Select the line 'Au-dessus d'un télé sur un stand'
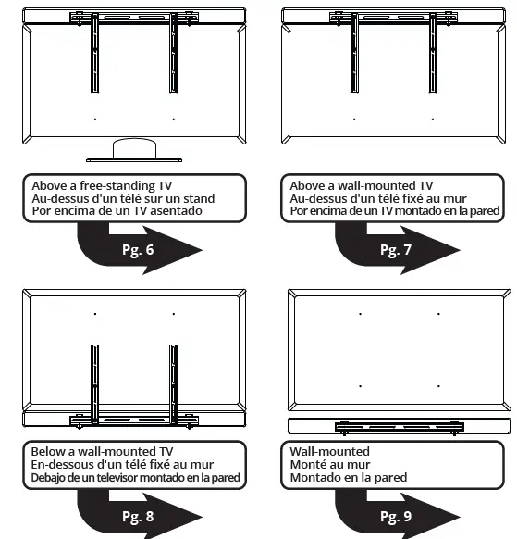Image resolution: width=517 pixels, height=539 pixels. tap(123, 197)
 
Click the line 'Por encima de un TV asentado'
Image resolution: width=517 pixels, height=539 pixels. tap(117, 211)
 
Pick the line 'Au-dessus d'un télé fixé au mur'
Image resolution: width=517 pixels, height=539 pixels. tap(377, 197)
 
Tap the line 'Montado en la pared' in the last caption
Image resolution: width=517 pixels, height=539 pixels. tap(348, 478)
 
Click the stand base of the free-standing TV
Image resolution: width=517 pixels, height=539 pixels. tap(136, 150)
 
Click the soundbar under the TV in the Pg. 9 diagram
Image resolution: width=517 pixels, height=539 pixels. tap(398, 426)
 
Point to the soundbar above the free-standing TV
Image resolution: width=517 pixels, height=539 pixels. tap(135, 16)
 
